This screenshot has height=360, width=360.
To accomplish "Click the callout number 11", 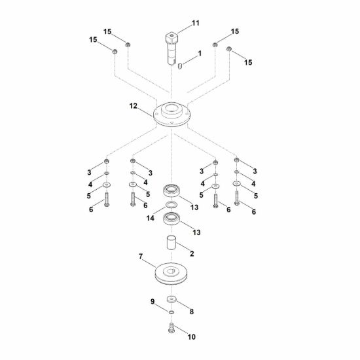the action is [196, 23].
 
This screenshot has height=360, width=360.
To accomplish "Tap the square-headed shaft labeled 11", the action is [171, 49].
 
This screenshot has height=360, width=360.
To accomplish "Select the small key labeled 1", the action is [180, 66].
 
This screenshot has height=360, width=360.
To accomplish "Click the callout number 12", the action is [133, 106].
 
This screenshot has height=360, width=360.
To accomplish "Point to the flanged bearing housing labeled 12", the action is [171, 115].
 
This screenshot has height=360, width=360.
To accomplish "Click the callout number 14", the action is [151, 218].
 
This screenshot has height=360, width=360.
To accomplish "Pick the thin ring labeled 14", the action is [171, 205].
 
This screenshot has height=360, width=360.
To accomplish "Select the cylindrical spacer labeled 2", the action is [171, 242].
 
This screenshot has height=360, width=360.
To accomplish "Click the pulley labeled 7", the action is [171, 274].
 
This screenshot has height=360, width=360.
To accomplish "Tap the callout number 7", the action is [141, 257].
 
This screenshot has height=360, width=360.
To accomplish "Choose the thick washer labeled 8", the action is [171, 299].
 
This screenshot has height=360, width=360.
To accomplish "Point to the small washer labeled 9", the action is [171, 312].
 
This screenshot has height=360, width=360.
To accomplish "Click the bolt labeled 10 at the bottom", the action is [171, 328].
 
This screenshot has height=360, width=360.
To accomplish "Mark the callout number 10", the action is [192, 337].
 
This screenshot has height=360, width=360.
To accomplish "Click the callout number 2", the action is [192, 254].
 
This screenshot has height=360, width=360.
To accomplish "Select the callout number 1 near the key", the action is [200, 54].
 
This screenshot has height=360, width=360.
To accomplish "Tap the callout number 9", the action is [153, 302].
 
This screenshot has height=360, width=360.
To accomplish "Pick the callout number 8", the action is [192, 312].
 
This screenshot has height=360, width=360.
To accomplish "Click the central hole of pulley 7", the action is [171, 272].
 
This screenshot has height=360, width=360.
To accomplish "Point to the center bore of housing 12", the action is [172, 108].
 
